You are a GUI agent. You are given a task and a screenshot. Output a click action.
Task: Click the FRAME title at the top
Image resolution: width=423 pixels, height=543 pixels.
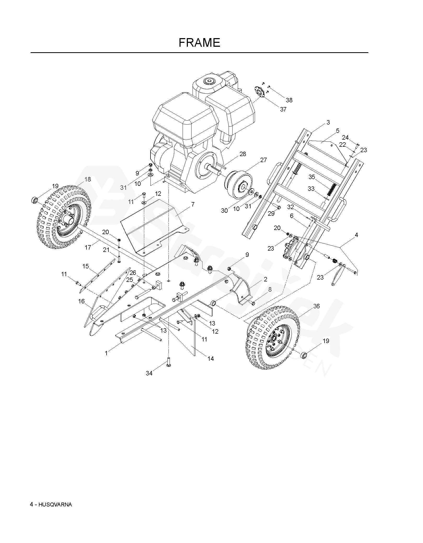click(x=199, y=43)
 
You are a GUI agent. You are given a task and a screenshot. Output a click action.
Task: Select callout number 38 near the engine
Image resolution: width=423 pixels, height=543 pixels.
click(x=289, y=100)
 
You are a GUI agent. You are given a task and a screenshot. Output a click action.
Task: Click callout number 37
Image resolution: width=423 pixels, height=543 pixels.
click(x=283, y=109)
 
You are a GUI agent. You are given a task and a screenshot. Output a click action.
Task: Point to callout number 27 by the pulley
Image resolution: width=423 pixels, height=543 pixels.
click(x=263, y=160)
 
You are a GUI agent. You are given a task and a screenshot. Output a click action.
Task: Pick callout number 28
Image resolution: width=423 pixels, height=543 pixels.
click(x=243, y=154)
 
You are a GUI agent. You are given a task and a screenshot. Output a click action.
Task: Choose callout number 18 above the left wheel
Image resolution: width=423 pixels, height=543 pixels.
click(x=88, y=179)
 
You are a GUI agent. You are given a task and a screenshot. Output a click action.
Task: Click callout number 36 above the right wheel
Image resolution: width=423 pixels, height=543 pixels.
click(x=316, y=306)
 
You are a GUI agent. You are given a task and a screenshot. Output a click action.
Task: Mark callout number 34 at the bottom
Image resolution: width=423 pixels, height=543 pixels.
click(x=149, y=373)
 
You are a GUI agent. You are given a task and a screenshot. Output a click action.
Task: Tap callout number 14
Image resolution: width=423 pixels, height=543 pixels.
click(x=211, y=359)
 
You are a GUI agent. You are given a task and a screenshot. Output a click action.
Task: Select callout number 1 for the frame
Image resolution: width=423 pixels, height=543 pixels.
click(x=106, y=353)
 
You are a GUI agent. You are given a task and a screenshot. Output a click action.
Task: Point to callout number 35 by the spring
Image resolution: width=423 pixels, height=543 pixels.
click(x=312, y=177)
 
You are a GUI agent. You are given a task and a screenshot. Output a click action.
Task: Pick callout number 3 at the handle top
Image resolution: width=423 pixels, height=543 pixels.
click(x=328, y=122)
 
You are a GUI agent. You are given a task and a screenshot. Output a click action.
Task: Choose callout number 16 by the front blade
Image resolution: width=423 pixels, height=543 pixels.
click(x=82, y=301)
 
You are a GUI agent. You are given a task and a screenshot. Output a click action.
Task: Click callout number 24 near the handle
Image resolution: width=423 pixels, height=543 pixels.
click(x=345, y=138)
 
